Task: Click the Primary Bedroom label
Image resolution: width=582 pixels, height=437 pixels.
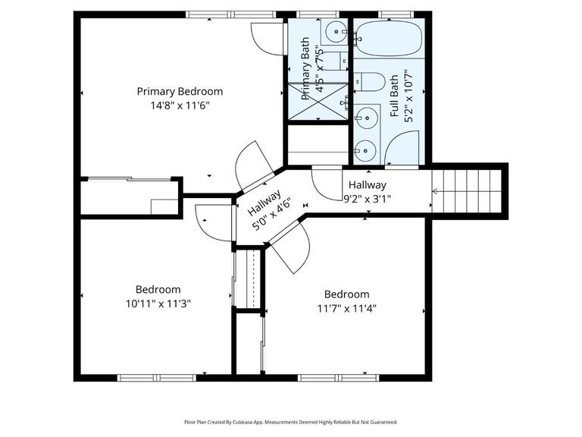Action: (180, 91)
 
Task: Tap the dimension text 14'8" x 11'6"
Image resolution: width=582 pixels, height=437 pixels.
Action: (180, 105)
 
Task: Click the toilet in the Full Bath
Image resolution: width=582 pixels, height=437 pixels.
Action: (369, 82)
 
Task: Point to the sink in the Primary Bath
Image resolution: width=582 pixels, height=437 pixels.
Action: (334, 33)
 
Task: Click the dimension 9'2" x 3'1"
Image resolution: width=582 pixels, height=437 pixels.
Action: (368, 199)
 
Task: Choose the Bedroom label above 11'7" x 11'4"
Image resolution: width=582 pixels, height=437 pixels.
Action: (346, 294)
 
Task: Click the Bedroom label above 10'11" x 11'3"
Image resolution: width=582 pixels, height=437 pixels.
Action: (158, 289)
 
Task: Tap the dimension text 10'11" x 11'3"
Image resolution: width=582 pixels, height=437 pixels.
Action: (158, 303)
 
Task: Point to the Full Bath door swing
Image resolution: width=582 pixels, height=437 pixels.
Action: (402, 148)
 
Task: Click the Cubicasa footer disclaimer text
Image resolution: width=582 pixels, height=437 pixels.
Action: (290, 422)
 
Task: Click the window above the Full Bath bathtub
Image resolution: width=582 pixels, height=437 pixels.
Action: (390, 14)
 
